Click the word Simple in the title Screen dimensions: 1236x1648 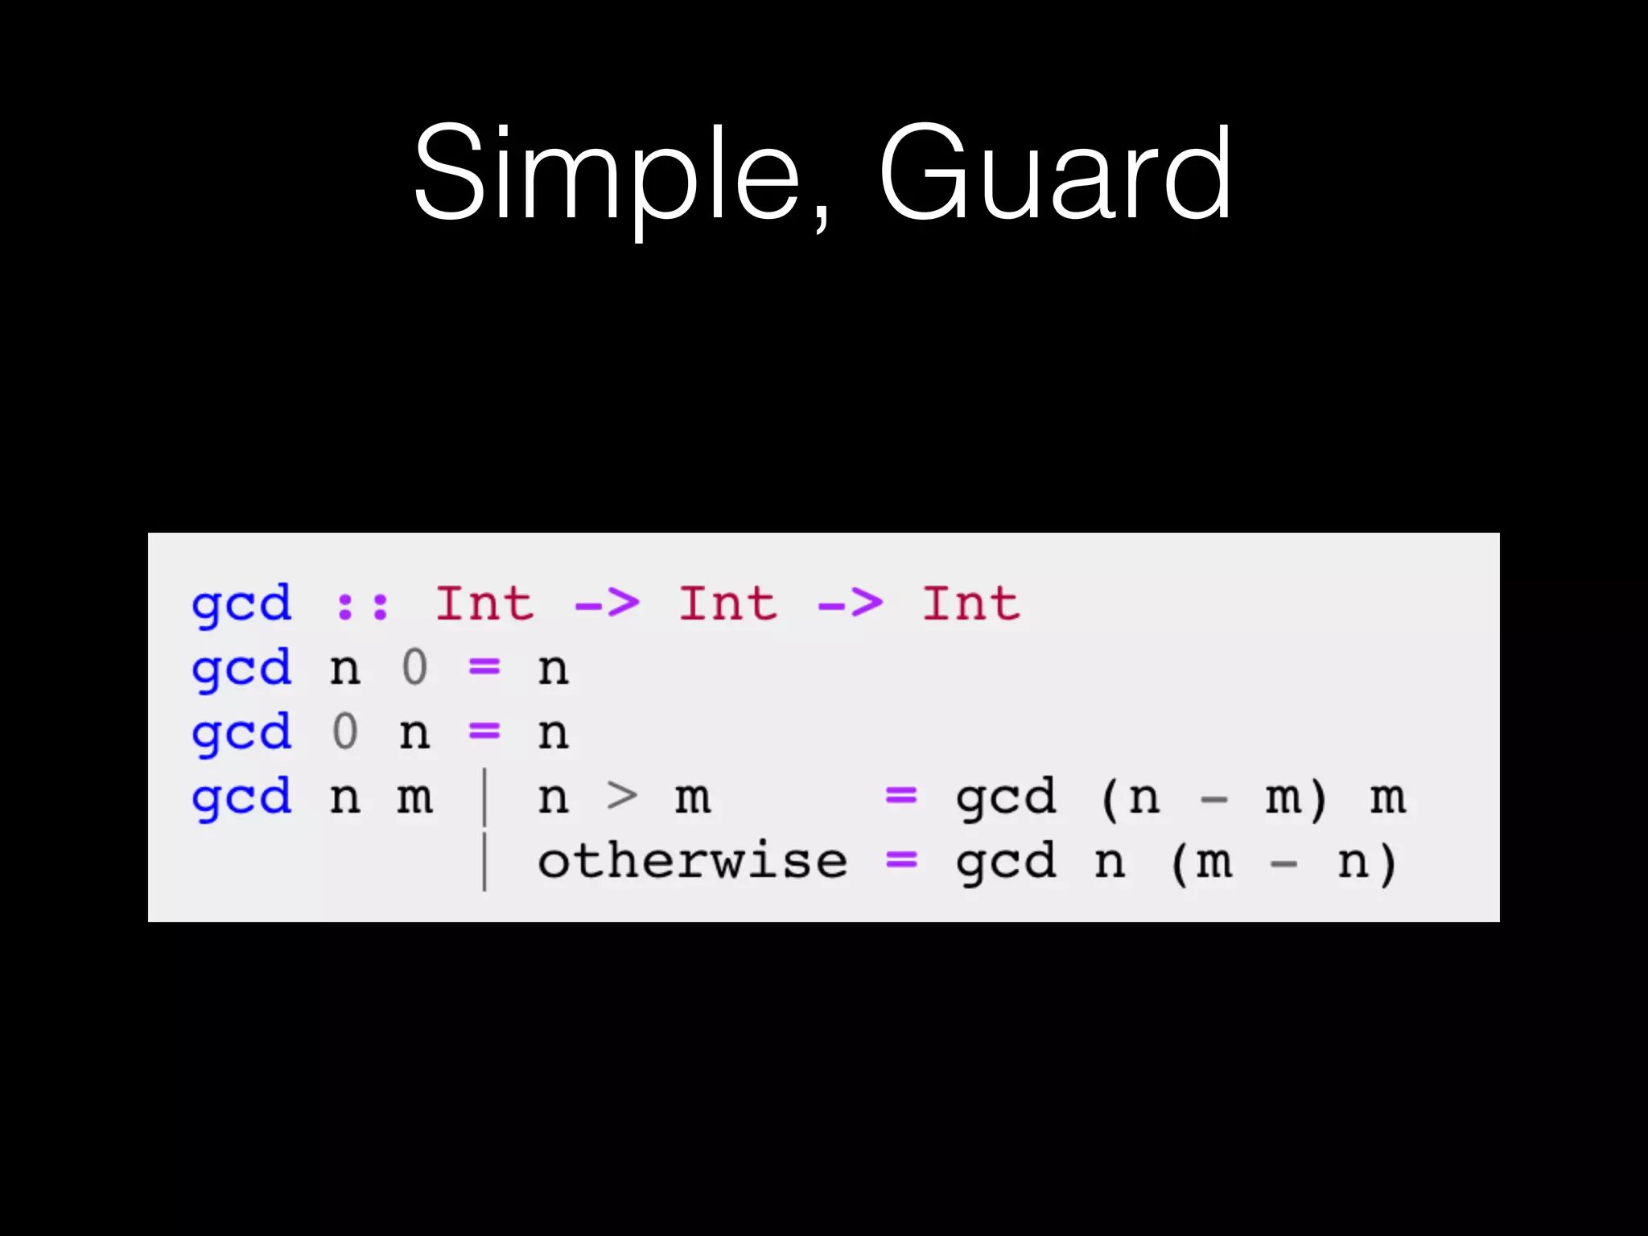click(x=608, y=173)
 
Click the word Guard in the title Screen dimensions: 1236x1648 click(x=1054, y=173)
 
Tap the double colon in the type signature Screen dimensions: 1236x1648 click(x=362, y=605)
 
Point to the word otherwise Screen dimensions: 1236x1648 click(x=692, y=863)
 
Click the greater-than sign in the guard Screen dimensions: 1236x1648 click(x=622, y=797)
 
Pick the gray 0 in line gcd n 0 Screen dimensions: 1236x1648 click(x=414, y=668)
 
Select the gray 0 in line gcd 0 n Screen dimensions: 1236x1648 click(x=344, y=732)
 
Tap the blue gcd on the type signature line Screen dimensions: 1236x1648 click(x=241, y=605)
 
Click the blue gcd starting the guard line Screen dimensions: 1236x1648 click(x=241, y=798)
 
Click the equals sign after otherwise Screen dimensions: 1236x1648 click(x=901, y=861)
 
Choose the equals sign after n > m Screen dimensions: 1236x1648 click(x=901, y=797)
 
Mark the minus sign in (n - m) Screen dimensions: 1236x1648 click(x=1213, y=800)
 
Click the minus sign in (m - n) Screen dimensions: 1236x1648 click(x=1283, y=865)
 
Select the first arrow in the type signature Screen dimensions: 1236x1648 click(x=608, y=604)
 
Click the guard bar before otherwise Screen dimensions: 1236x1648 click(x=484, y=861)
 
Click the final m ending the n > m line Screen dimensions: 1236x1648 click(x=1388, y=798)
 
